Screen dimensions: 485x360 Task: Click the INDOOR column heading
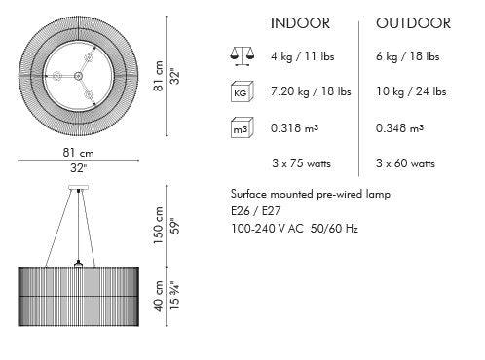[300, 23]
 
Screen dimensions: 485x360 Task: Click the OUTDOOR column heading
[413, 23]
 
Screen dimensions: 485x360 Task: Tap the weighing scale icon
[242, 56]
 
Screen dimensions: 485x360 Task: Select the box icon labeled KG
[242, 91]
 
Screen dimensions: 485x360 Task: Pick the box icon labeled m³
[242, 127]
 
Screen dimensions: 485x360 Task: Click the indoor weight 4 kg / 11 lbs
[303, 56]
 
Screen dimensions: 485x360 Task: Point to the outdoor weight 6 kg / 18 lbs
[408, 56]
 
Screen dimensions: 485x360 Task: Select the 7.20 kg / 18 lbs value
[311, 91]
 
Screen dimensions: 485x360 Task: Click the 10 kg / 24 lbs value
[411, 91]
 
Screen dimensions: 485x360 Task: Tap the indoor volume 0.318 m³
[294, 128]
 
